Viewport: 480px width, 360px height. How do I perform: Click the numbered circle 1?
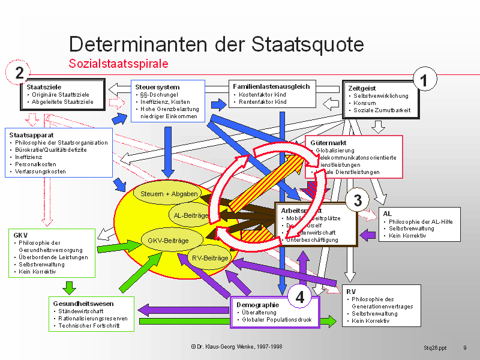click(425, 80)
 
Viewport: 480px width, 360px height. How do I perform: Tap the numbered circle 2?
click(19, 73)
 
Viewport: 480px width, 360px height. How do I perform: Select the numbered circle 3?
click(357, 200)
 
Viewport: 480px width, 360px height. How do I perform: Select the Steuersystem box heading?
click(158, 87)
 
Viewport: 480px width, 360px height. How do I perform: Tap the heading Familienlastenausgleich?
click(271, 86)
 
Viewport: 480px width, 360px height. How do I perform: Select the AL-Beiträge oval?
click(190, 215)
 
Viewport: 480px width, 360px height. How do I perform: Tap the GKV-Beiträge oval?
click(164, 240)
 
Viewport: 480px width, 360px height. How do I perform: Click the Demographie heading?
click(258, 305)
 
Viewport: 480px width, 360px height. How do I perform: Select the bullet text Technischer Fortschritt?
click(89, 326)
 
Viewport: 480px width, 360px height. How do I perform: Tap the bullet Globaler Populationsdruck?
click(277, 320)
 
